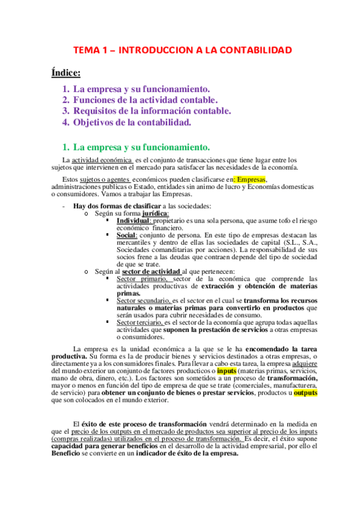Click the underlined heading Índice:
[x=66, y=73]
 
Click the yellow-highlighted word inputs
[x=227, y=371]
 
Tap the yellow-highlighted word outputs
[x=305, y=393]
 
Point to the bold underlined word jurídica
[x=156, y=214]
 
